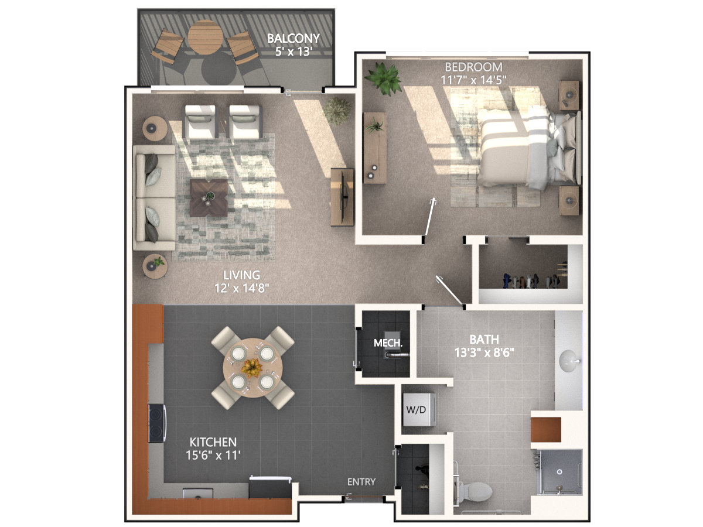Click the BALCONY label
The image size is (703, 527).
(x=294, y=39)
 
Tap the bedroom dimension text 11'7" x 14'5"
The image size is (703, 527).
(x=473, y=80)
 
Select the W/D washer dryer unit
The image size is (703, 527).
(x=419, y=409)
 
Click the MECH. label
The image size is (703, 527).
(x=388, y=343)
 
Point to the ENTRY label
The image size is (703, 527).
(x=361, y=481)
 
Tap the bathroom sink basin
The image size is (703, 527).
(x=569, y=361)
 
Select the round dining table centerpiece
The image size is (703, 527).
(x=252, y=367)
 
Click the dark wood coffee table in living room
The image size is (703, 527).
(x=209, y=198)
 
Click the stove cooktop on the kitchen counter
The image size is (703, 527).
(x=157, y=423)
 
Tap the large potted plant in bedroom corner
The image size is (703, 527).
(x=383, y=78)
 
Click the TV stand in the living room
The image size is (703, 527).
(x=342, y=197)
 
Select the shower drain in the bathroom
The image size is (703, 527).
(x=559, y=471)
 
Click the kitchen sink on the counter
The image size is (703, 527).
(x=197, y=494)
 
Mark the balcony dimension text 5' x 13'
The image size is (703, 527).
(x=294, y=52)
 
